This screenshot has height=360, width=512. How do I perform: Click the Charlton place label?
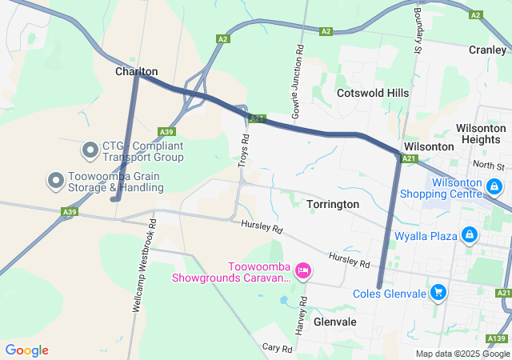click(136, 71)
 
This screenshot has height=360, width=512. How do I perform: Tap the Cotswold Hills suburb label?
click(373, 93)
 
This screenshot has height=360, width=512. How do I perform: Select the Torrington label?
click(333, 204)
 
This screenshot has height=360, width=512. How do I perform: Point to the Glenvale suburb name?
click(335, 321)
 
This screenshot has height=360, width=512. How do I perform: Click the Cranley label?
click(487, 50)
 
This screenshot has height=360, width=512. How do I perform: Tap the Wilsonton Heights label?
click(480, 134)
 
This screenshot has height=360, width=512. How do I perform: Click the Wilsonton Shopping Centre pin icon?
click(495, 186)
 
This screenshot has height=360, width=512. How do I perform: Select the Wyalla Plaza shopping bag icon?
click(470, 236)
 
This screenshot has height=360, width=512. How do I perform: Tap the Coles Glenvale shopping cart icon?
click(438, 293)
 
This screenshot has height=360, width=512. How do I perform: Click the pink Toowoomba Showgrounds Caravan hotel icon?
click(303, 271)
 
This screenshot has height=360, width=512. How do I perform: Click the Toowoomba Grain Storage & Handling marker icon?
click(56, 181)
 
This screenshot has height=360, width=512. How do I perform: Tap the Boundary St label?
click(417, 27)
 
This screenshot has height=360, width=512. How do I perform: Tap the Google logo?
click(26, 350)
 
